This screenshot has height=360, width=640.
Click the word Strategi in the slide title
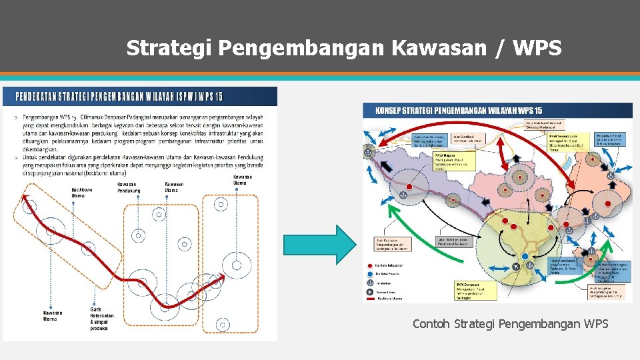point(169,48)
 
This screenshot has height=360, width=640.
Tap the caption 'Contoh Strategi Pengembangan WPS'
point(510,324)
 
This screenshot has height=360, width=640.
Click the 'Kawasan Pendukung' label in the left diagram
point(129,187)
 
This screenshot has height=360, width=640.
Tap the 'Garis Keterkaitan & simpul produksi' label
point(101,319)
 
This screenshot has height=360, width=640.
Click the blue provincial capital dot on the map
point(525,257)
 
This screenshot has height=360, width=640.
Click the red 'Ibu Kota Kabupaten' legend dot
point(368,265)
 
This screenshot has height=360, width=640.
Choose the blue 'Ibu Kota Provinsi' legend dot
point(368,273)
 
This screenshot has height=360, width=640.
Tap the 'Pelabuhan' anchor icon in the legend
point(368,283)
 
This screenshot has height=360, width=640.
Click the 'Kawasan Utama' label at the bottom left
point(53,315)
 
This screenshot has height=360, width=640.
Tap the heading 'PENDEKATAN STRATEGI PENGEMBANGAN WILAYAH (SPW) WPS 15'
point(119,96)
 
